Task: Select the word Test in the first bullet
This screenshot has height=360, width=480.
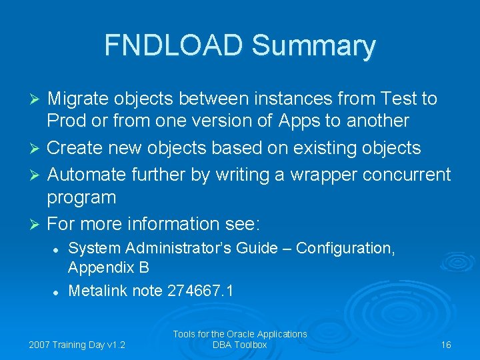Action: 397,99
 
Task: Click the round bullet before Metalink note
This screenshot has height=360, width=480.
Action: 57,291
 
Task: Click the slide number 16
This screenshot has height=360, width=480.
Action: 446,345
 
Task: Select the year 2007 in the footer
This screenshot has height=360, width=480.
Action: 41,345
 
